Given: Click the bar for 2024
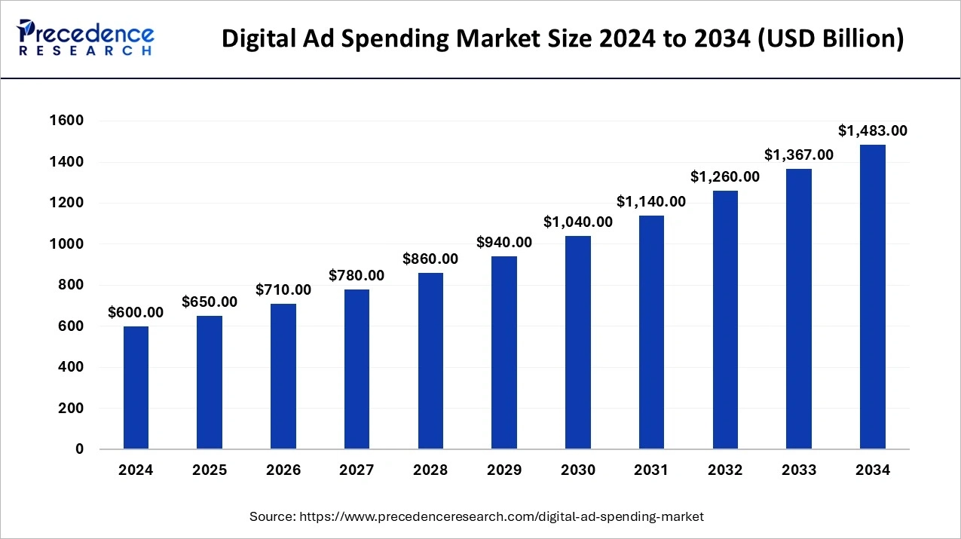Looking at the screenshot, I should pos(136,387).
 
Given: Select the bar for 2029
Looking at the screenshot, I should pos(504,353).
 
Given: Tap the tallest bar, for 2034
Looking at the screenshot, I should pos(873,297).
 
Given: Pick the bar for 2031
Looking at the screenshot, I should pos(651,332).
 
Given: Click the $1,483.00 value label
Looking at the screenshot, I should pos(873,130).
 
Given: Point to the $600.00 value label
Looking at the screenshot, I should pos(136,312).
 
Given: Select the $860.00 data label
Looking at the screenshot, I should pos(430,259).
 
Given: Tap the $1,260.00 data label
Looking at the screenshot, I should pos(725,176).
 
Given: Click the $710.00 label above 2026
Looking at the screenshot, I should pos(283,289).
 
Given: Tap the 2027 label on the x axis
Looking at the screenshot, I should pos(357,470).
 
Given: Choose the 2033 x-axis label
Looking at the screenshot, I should pos(799,470).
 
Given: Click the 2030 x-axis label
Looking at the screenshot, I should pos(578,470).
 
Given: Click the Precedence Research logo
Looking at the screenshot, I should pos(86,38).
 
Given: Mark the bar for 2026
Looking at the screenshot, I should pos(283,376).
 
